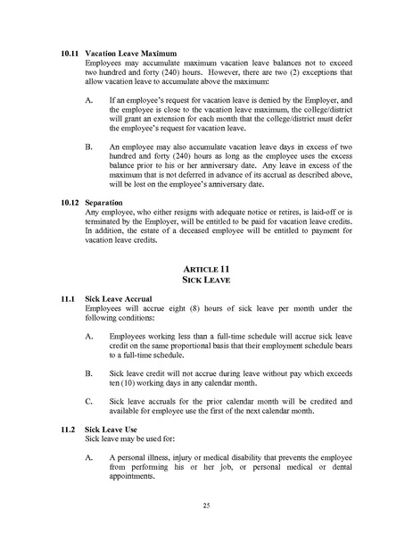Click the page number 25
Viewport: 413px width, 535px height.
(x=206, y=506)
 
